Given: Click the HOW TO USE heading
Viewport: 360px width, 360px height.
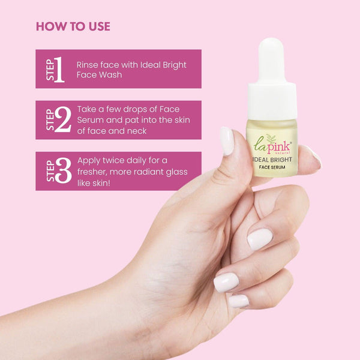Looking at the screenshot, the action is tap(73, 26).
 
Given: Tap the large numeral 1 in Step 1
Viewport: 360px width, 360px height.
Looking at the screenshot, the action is tap(59, 70).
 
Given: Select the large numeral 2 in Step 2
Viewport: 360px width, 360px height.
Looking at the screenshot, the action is tap(63, 119).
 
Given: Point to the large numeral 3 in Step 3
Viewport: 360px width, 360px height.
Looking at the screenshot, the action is tap(64, 170).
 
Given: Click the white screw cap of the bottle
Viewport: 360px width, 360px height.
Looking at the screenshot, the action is tap(272, 101).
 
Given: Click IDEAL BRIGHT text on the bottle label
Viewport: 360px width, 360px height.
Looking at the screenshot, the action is tap(272, 160).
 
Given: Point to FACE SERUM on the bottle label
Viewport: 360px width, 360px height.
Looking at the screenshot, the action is tap(272, 167).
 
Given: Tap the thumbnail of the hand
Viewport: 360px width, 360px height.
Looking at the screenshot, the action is tap(227, 141).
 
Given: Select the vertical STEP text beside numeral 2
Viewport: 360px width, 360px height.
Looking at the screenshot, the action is tap(50, 119).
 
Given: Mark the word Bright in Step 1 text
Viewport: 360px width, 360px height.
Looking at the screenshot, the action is tap(175, 65).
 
